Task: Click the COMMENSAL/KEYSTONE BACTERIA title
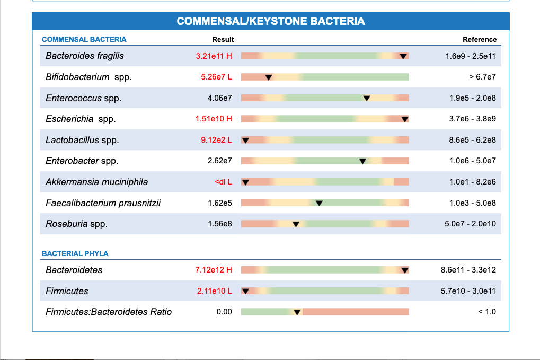tap(270, 21)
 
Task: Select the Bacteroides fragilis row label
tap(85, 56)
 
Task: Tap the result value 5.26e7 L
tap(216, 77)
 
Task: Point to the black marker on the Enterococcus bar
tap(366, 98)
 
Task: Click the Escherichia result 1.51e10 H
tap(214, 119)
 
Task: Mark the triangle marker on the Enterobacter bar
tap(362, 161)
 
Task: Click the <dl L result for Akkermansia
tap(223, 182)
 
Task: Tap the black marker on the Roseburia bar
tap(296, 224)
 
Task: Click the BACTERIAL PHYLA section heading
tap(75, 253)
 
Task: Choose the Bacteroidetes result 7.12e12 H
tap(214, 270)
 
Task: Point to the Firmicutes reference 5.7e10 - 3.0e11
tap(468, 291)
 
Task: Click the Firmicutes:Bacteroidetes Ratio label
tap(109, 312)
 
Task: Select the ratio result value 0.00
tap(224, 312)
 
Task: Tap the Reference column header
tap(480, 39)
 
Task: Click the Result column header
tap(223, 39)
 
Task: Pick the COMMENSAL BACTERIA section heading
tap(84, 39)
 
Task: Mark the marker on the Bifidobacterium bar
tap(269, 77)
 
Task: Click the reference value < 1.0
tap(487, 312)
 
